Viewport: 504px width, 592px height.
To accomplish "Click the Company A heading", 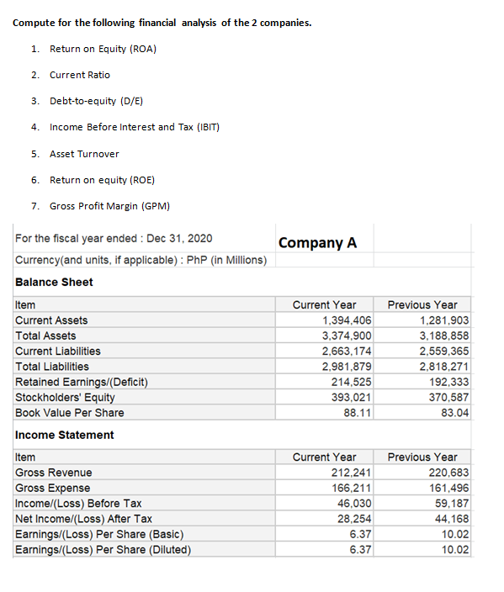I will click(317, 242).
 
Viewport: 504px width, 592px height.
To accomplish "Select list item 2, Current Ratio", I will click(79, 75).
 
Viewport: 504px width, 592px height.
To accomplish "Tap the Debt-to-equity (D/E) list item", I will click(96, 101).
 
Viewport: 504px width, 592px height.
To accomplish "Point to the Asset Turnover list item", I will click(84, 154).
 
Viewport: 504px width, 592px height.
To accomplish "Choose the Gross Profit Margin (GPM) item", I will click(111, 206).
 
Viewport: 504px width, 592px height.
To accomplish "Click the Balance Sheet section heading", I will click(54, 282).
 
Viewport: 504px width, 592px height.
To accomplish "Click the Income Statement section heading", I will click(64, 435).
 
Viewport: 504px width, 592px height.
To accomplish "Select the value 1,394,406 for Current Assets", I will click(347, 320).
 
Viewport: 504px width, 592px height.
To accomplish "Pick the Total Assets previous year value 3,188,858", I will click(443, 336).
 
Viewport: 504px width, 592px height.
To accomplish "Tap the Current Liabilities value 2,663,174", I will click(347, 351).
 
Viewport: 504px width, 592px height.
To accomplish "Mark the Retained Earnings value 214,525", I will click(353, 382).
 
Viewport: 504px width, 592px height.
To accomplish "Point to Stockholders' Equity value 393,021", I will click(353, 397).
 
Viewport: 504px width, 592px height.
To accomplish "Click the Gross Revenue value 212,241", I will click(353, 473).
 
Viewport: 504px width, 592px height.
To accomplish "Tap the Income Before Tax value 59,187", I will click(451, 503).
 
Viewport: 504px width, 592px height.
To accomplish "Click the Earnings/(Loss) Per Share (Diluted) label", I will click(103, 550).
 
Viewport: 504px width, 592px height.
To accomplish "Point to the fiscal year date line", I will click(114, 238).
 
